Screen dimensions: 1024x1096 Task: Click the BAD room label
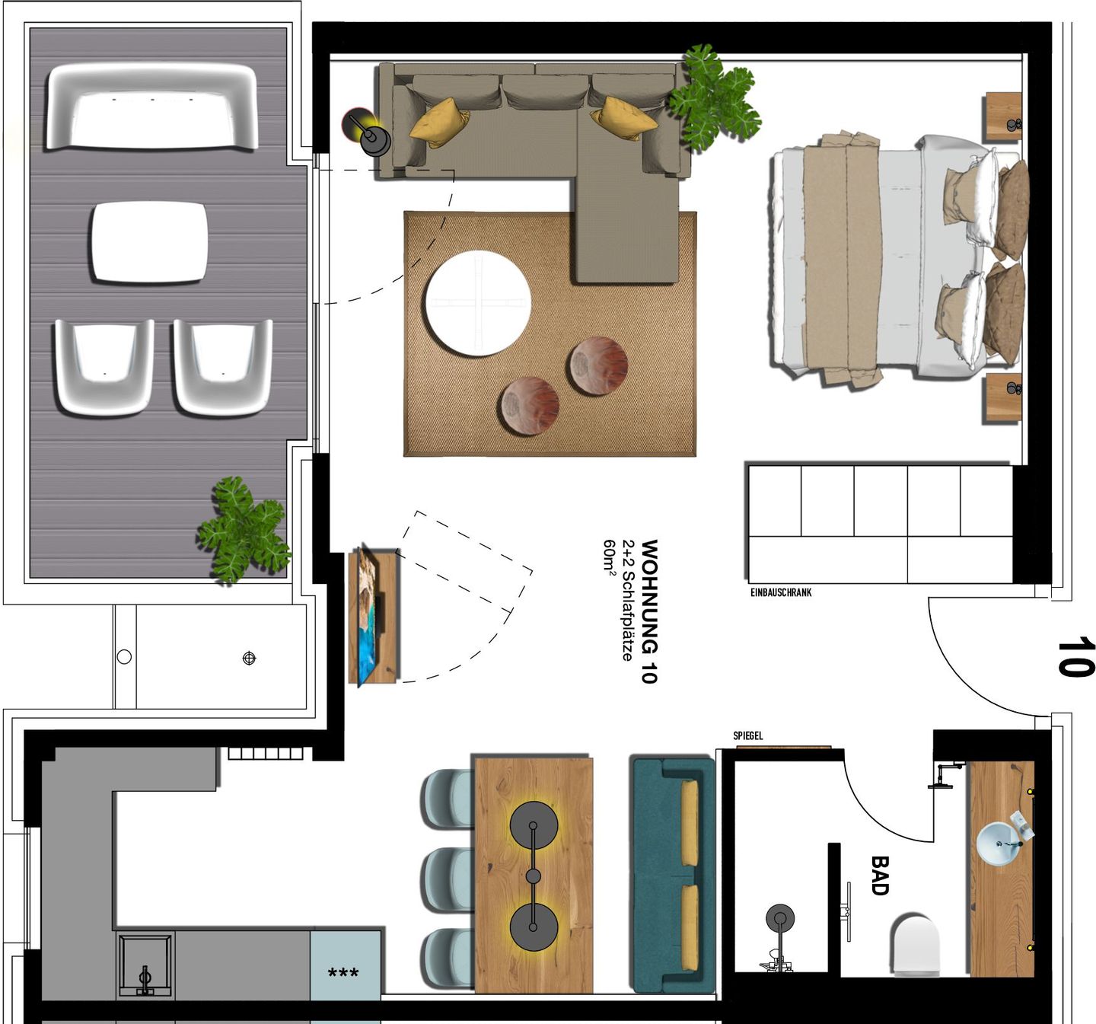coord(880,875)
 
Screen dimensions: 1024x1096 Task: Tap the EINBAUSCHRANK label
coord(781,592)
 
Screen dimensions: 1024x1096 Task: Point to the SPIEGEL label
coord(747,735)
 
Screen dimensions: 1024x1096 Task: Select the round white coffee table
coord(477,303)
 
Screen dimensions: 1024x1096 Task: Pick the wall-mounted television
coord(371,615)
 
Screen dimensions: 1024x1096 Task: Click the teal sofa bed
coord(673,876)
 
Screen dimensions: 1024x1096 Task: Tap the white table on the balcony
coord(149,242)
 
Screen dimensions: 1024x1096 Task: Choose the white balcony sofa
coord(152,107)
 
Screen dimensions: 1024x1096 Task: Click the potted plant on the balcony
coord(242,530)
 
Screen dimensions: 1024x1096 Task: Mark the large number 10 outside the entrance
coord(1075,657)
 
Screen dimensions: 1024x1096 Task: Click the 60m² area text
coord(610,557)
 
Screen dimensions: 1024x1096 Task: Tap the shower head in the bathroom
coord(779,918)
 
